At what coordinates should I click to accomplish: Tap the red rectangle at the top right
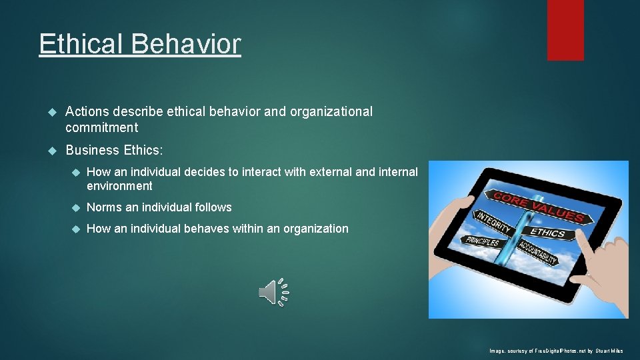point(565,30)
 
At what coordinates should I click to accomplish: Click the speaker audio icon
point(273,292)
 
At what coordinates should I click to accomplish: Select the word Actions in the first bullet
point(87,112)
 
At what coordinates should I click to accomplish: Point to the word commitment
point(101,127)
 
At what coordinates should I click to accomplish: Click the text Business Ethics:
point(114,151)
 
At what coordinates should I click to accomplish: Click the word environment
point(119,186)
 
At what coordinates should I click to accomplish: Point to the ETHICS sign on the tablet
point(548,233)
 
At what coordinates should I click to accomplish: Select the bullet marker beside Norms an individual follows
point(75,207)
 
